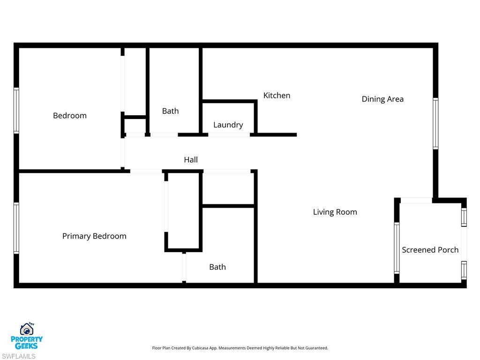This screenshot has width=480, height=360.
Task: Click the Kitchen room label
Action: pos(277,96)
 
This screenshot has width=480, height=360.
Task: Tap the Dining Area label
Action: pos(382,99)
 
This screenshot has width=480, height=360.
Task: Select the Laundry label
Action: pos(228,125)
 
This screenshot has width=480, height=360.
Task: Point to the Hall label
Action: pos(191,160)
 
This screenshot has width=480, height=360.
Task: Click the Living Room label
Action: pos(335,212)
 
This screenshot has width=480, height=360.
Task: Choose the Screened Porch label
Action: pos(430,250)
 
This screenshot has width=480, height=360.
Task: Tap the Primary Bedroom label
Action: pos(94,236)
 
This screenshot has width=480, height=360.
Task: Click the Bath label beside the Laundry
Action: pos(170,111)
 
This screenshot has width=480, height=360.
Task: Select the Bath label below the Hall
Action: pos(217,267)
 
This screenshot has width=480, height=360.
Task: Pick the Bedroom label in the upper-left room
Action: pos(70,116)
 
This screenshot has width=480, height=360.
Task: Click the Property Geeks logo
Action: pos(27,336)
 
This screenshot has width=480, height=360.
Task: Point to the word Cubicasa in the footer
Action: pos(204,348)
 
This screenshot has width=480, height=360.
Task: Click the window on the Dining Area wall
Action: pos(435,123)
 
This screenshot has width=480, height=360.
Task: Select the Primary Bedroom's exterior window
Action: pos(16,228)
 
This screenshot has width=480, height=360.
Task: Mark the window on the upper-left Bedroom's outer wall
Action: pos(16,111)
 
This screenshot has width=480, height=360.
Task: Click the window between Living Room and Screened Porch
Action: pos(397,247)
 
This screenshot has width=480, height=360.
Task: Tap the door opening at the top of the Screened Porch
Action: pos(416,201)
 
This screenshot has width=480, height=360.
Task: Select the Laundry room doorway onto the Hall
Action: pos(229,135)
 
